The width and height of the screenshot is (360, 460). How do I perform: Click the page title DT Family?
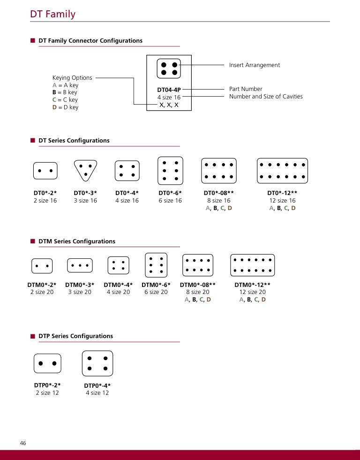point(52,14)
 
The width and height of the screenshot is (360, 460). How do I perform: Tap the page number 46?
point(23,443)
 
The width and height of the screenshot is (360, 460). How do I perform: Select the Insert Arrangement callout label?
point(254,65)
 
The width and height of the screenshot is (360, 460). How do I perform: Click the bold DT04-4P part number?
point(169,89)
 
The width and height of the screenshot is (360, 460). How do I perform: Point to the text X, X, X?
point(169,105)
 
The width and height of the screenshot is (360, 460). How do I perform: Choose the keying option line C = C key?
point(65,100)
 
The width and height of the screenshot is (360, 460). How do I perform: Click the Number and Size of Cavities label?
point(266,97)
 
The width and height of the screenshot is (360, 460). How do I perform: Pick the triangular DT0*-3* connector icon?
point(85,170)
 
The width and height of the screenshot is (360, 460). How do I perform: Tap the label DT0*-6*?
point(170,193)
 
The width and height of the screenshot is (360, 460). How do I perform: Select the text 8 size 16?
point(219,201)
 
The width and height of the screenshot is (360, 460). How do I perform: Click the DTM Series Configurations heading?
point(77,241)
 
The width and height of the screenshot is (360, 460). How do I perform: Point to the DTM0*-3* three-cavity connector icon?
point(80,265)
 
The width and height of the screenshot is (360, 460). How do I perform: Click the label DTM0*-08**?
point(198,285)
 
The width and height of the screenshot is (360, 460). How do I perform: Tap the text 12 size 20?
point(252,292)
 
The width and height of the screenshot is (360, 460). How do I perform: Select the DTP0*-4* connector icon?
point(97,363)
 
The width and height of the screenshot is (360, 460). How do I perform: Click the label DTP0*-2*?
point(47,385)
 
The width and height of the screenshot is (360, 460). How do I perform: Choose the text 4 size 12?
point(97,393)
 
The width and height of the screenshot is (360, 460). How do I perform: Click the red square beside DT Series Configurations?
point(33,141)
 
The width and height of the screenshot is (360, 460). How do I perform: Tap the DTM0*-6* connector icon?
point(156,265)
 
